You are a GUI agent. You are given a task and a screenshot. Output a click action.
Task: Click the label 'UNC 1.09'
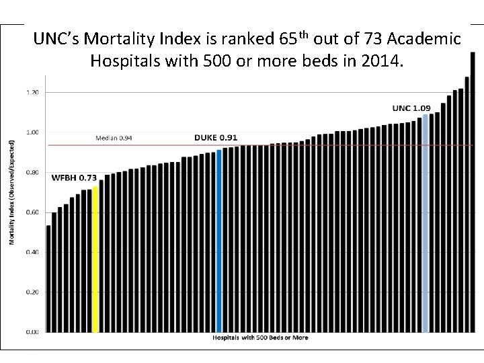pyautogui.click(x=411, y=108)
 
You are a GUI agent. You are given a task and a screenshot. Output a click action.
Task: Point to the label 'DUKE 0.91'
pyautogui.click(x=216, y=137)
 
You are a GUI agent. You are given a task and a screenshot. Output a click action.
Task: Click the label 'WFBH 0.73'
pyautogui.click(x=74, y=177)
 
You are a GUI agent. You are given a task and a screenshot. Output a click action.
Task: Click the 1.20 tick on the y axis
pyautogui.click(x=32, y=91)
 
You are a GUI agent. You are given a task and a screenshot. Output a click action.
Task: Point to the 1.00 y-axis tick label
pyautogui.click(x=32, y=132)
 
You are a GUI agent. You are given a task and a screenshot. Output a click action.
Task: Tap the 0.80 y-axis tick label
pyautogui.click(x=32, y=172)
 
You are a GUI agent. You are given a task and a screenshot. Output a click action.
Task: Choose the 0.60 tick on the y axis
pyautogui.click(x=32, y=212)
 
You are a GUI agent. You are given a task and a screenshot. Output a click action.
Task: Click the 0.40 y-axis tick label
pyautogui.click(x=32, y=252)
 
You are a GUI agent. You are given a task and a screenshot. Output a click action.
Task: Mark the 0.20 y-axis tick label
pyautogui.click(x=32, y=292)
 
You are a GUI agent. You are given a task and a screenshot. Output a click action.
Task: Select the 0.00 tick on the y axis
pyautogui.click(x=32, y=331)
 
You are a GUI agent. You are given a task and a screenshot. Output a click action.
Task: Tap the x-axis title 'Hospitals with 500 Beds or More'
pyautogui.click(x=261, y=337)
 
